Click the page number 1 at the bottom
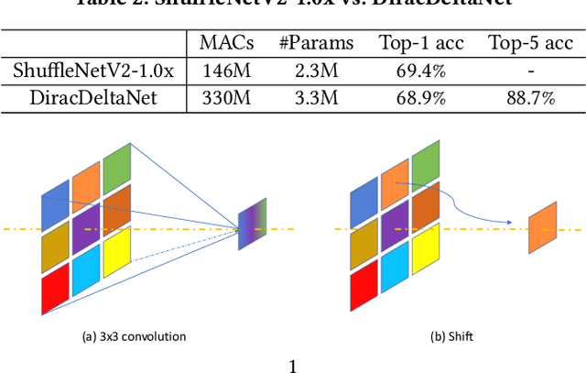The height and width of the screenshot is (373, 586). [x=293, y=367]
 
